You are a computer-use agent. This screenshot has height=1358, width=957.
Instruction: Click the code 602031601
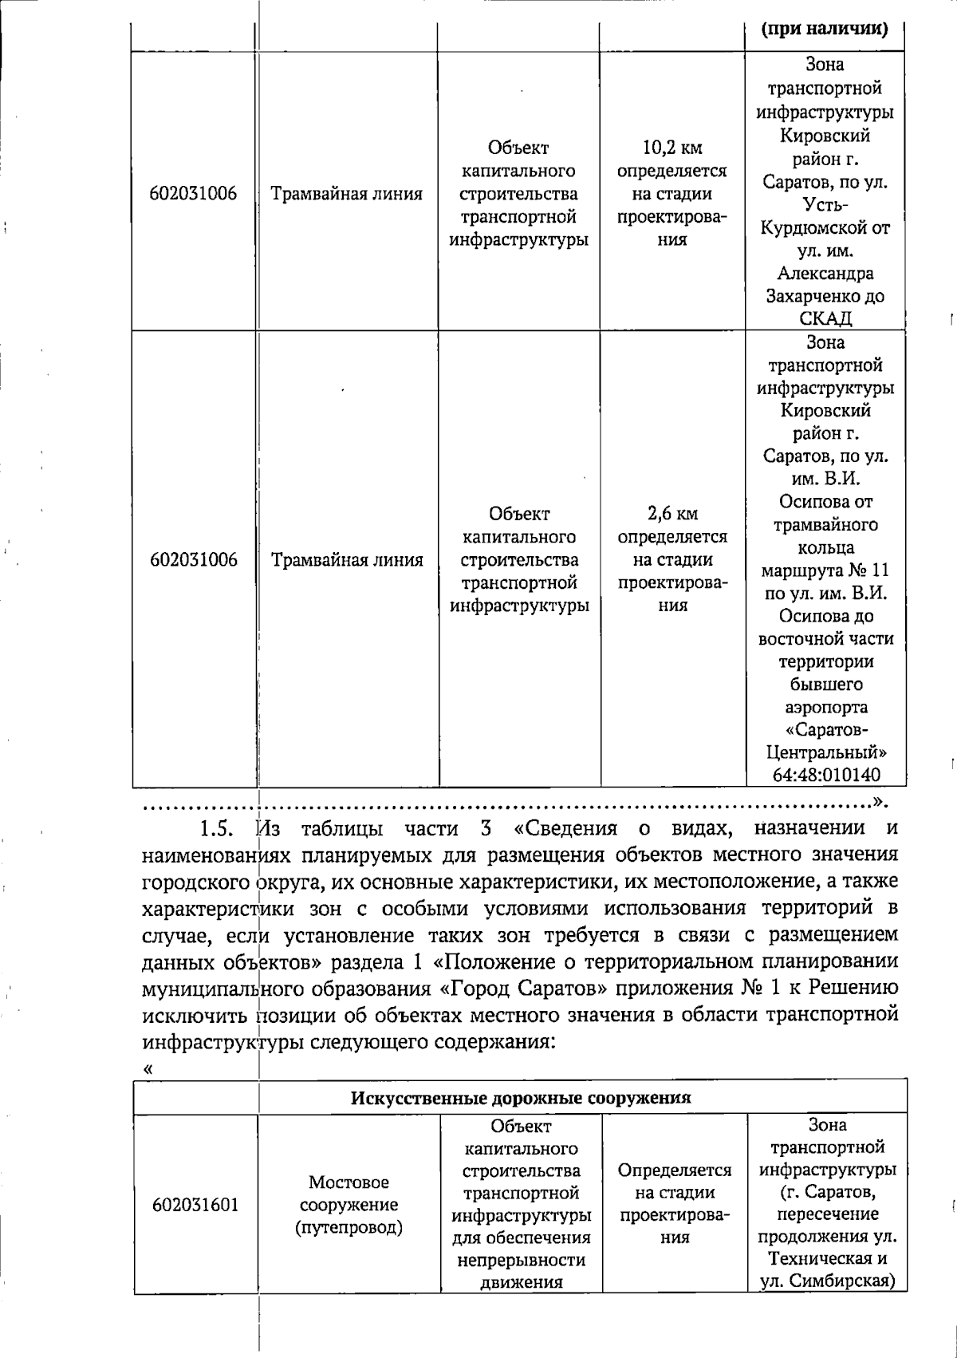tap(195, 1205)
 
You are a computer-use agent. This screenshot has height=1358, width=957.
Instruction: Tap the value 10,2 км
tap(672, 148)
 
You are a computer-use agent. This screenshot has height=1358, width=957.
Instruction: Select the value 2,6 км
tap(672, 513)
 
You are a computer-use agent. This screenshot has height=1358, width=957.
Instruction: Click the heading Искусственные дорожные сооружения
tap(520, 1097)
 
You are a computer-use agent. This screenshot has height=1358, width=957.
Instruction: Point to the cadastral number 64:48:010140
tap(825, 775)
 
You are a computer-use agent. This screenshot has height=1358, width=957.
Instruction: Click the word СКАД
tap(825, 319)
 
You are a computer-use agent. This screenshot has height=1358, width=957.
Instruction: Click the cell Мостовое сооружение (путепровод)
tap(349, 1205)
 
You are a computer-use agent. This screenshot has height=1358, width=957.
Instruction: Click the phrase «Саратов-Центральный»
tap(825, 741)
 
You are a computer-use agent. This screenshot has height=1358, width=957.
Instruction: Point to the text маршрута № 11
tap(825, 570)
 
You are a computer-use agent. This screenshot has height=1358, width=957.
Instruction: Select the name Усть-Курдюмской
tap(825, 216)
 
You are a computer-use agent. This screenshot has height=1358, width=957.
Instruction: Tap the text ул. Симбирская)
tap(826, 1281)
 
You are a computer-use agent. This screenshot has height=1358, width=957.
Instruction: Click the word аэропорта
tap(825, 707)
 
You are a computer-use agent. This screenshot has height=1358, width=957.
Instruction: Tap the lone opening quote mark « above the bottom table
tap(148, 1069)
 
